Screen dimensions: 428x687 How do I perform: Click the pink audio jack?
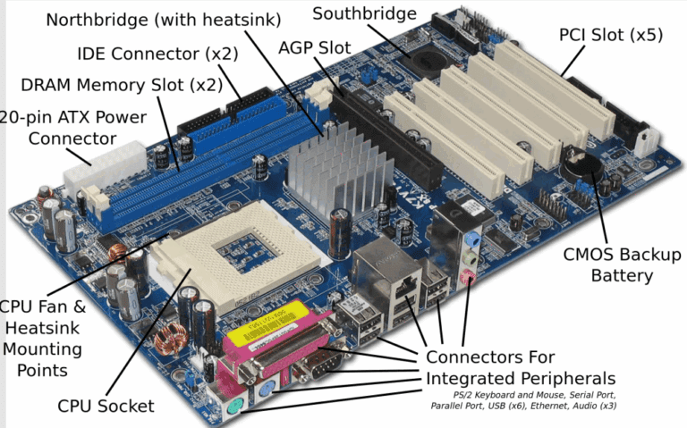(x=467, y=278)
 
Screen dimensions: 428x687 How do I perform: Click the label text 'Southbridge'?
(x=364, y=14)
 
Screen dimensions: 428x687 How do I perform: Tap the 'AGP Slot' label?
(x=314, y=46)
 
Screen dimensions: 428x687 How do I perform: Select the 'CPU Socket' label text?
(x=106, y=406)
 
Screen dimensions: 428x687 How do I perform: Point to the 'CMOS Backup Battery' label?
(x=622, y=264)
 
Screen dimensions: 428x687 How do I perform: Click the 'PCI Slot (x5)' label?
(x=610, y=35)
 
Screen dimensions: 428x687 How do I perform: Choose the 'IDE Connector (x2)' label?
(x=157, y=54)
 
